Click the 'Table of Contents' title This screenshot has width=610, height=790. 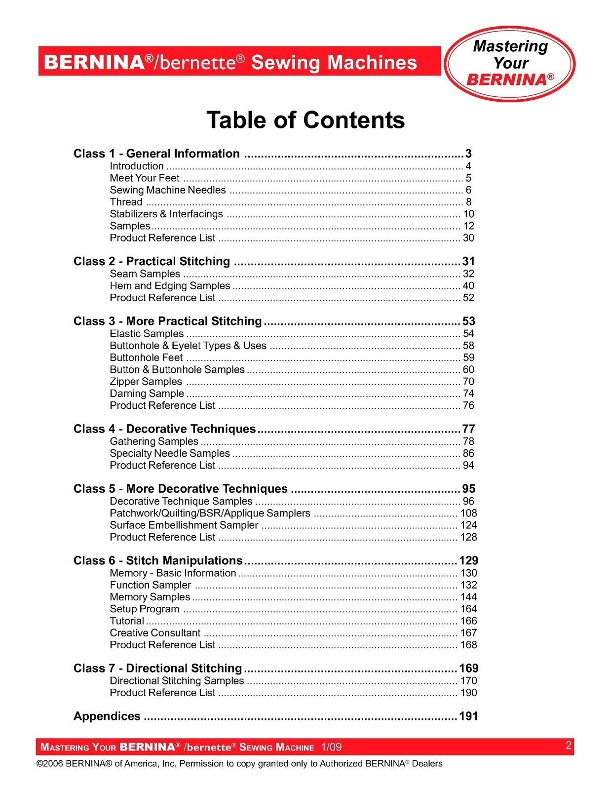click(305, 120)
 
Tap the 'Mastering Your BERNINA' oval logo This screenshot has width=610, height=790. click(510, 63)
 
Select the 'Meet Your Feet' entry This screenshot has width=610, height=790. click(145, 178)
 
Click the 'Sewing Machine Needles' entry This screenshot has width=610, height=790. click(168, 190)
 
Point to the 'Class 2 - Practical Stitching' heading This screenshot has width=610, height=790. click(152, 261)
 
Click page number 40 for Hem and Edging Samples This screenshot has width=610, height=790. click(468, 286)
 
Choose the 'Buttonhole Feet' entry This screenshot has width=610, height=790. click(146, 357)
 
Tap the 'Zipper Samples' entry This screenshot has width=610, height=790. click(146, 382)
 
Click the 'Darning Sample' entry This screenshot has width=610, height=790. click(147, 394)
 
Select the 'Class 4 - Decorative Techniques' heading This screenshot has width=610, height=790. click(164, 429)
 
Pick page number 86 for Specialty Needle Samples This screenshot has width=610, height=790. click(468, 453)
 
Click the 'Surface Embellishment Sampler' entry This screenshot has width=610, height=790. click(184, 525)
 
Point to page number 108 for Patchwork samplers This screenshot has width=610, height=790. click(468, 513)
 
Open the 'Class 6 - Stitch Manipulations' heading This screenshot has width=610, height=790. click(158, 560)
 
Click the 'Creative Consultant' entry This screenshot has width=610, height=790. click(155, 633)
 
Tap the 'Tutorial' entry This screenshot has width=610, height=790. click(127, 621)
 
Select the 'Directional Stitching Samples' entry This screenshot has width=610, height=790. click(177, 681)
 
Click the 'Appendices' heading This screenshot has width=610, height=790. click(107, 716)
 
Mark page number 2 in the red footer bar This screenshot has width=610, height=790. click(569, 746)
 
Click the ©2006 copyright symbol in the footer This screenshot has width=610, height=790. click(40, 764)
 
